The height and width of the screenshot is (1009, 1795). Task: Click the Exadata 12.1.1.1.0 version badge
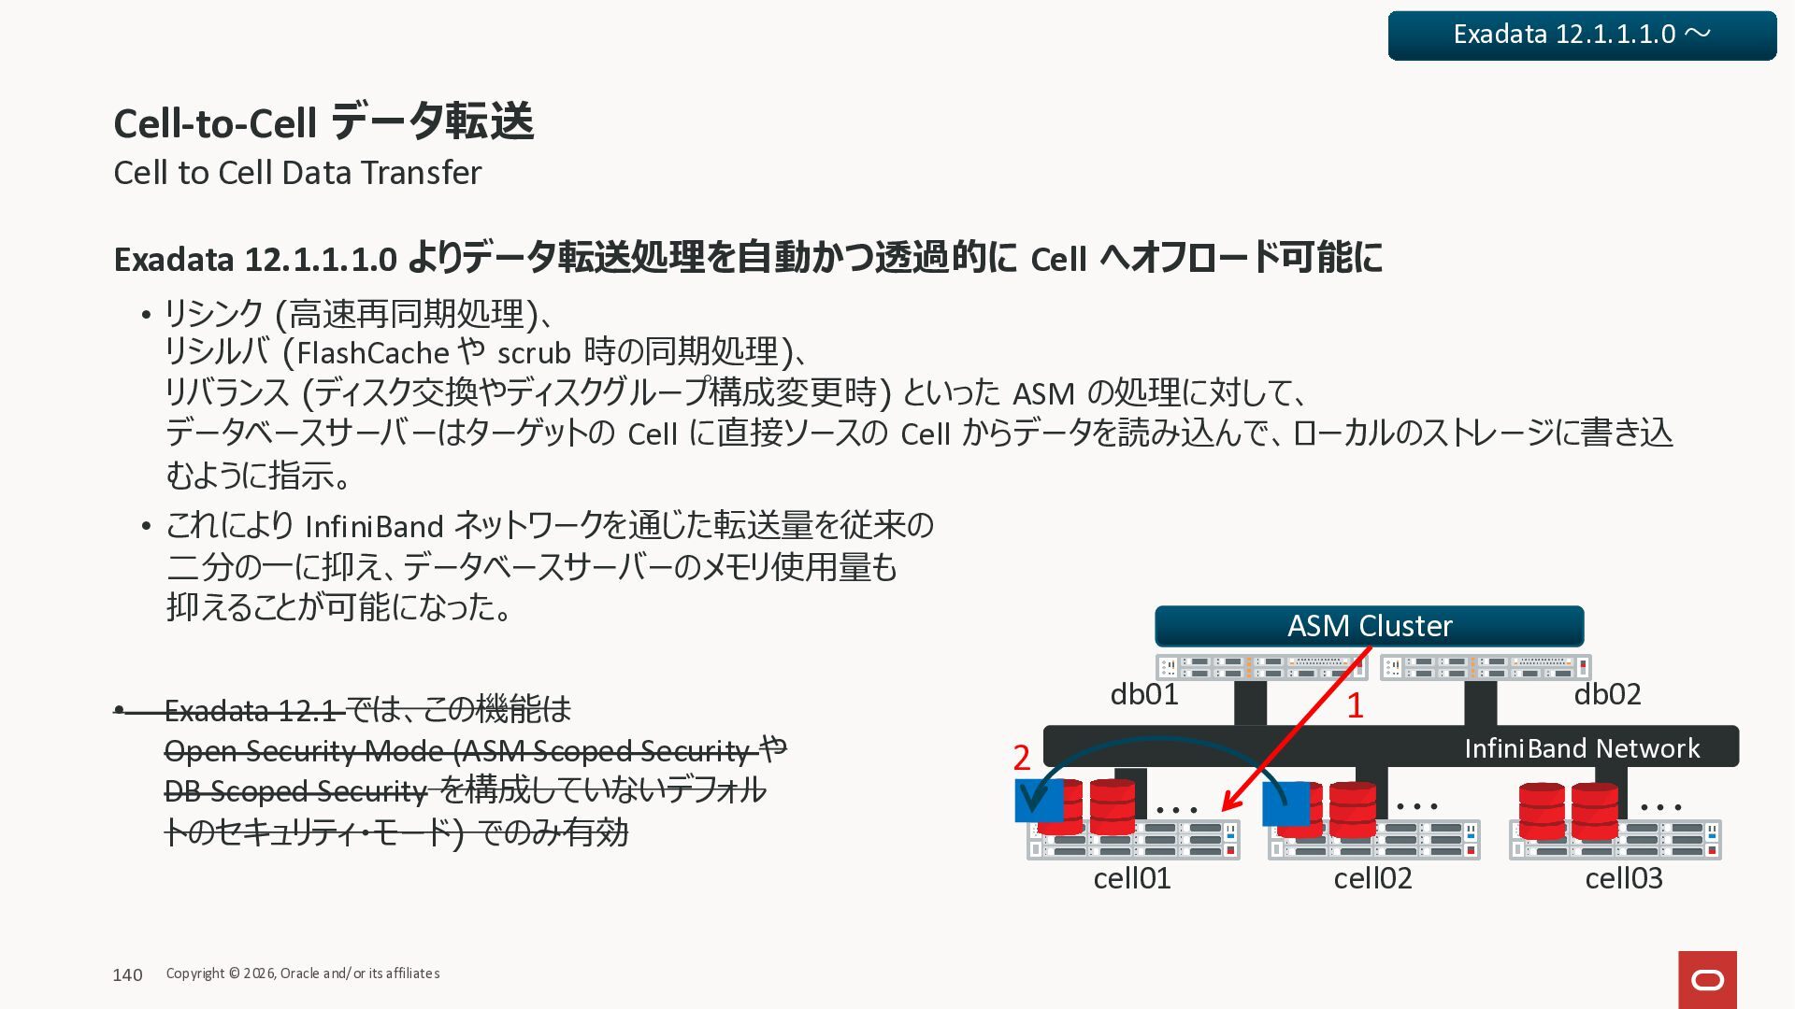pyautogui.click(x=1582, y=36)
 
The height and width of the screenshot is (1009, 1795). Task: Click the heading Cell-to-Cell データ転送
pyautogui.click(x=323, y=122)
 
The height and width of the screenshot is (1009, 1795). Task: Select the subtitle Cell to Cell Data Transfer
pyautogui.click(x=296, y=173)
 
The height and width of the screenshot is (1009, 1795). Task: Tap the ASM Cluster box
pyautogui.click(x=1369, y=626)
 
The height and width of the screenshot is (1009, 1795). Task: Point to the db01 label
pyautogui.click(x=1143, y=694)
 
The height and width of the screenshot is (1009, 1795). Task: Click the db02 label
pyautogui.click(x=1607, y=694)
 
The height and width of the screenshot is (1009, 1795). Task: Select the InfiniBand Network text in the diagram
pyautogui.click(x=1582, y=748)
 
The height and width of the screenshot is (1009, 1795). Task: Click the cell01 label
pyautogui.click(x=1131, y=878)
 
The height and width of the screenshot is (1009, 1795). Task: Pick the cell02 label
pyautogui.click(x=1372, y=878)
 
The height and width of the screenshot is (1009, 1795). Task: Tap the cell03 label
pyautogui.click(x=1624, y=878)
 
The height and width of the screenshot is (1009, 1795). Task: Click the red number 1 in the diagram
pyautogui.click(x=1355, y=705)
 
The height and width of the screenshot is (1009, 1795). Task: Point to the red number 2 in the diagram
pyautogui.click(x=1022, y=757)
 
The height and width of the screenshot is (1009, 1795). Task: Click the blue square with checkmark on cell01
pyautogui.click(x=1038, y=801)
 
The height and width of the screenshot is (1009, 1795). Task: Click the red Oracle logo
pyautogui.click(x=1707, y=979)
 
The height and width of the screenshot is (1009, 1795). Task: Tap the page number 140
pyautogui.click(x=127, y=975)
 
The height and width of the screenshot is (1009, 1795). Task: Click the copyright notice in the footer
pyautogui.click(x=303, y=973)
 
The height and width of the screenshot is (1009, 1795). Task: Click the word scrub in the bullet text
pyautogui.click(x=534, y=353)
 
